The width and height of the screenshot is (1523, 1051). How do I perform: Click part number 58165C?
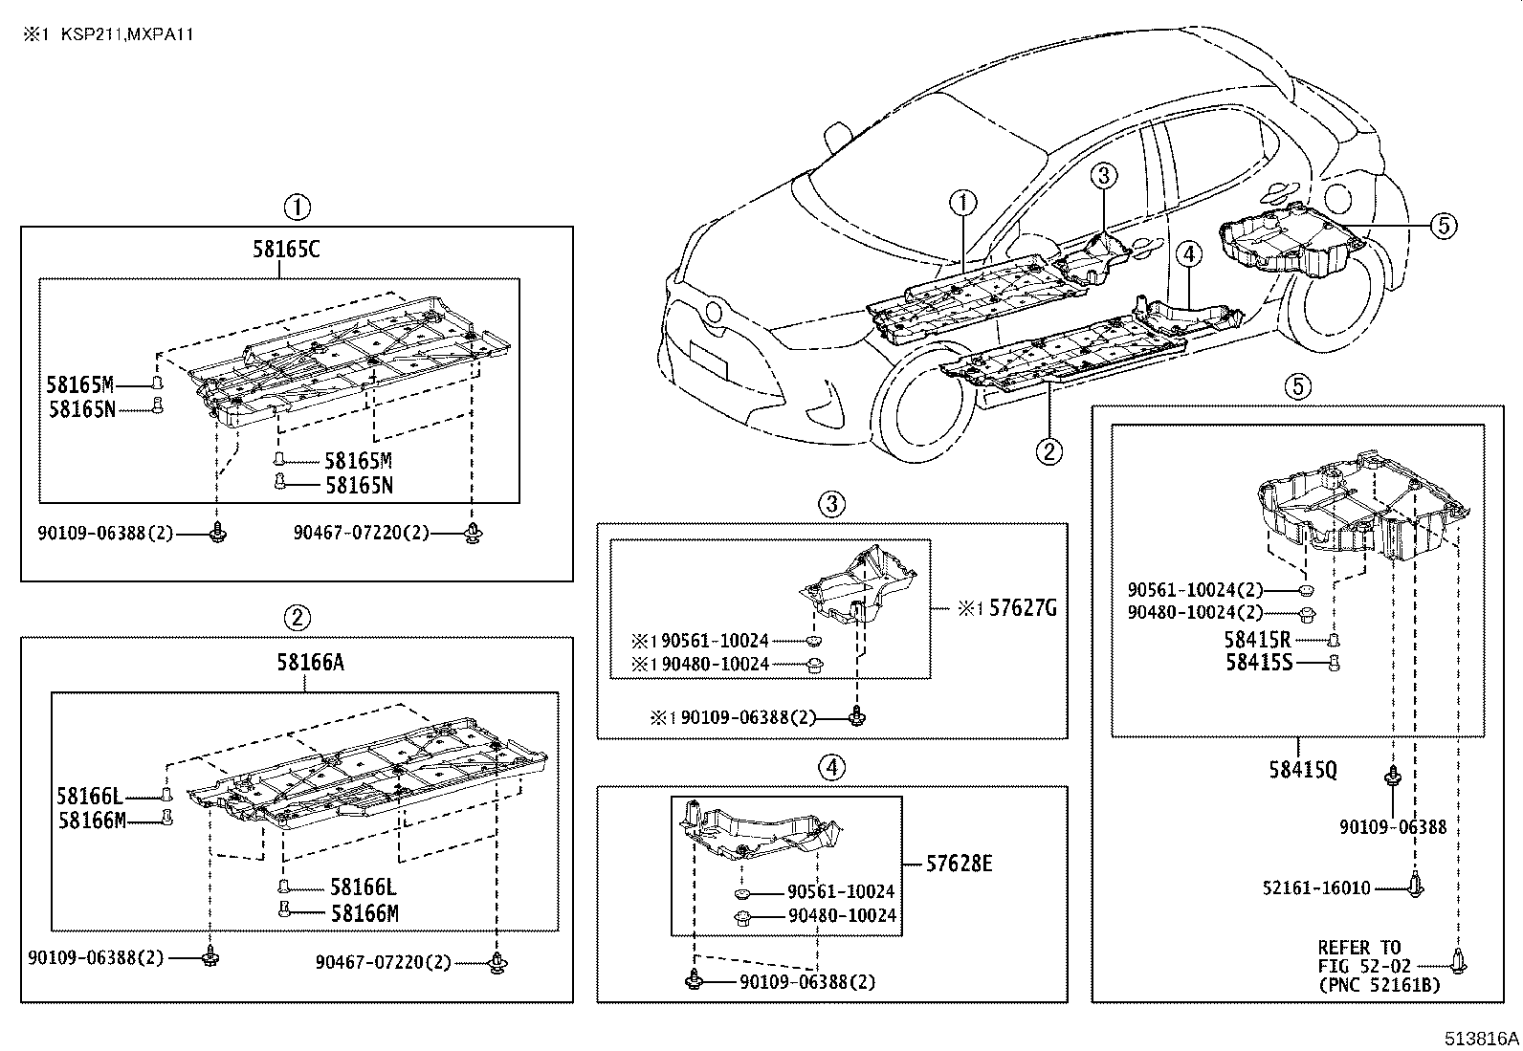click(x=286, y=251)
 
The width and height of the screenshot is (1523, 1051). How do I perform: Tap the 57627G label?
click(x=1022, y=608)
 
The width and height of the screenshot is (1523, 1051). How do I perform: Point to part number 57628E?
click(x=959, y=865)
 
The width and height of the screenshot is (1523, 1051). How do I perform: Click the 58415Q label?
click(x=1302, y=769)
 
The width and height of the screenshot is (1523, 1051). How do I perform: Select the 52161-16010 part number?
click(x=1315, y=888)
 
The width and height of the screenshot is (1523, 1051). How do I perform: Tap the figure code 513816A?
click(x=1482, y=1039)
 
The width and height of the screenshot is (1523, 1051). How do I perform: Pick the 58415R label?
click(x=1257, y=640)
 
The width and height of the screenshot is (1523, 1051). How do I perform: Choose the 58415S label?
click(x=1257, y=661)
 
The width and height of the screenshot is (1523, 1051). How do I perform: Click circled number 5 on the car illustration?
click(x=1445, y=226)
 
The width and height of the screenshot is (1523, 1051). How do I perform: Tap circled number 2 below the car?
click(x=1048, y=451)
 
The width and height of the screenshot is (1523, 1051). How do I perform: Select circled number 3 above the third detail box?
click(x=831, y=503)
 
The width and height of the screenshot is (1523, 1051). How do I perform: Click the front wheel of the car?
click(x=923, y=411)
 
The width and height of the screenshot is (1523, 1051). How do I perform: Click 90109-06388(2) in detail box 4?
click(x=806, y=981)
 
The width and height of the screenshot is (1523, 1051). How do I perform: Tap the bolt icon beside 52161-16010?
click(x=1415, y=886)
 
